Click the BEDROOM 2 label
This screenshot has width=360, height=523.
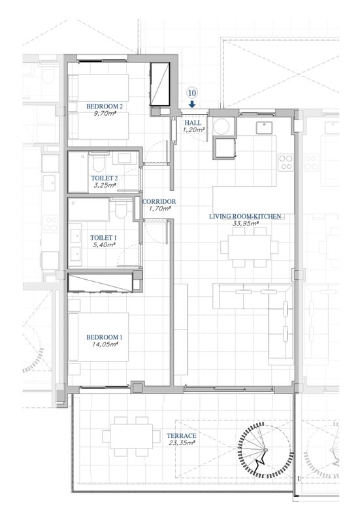pos(105,107)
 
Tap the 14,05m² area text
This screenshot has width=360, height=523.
pos(105,345)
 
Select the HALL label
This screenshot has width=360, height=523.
pos(193,123)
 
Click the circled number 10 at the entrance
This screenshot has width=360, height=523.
pos(192,93)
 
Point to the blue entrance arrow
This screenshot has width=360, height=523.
pos(192,105)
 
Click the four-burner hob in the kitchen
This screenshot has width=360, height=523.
pos(286,162)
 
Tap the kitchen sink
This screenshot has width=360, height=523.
pos(264,127)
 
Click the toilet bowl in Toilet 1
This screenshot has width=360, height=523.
pos(121,209)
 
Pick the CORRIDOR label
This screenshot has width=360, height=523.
pos(159,202)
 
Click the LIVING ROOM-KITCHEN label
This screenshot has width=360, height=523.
pos(245,216)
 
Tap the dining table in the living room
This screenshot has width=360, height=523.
pos(250,248)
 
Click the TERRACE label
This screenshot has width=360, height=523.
pos(182,436)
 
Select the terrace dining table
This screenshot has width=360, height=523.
pos(131,436)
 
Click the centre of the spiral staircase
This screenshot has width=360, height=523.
pos(266,450)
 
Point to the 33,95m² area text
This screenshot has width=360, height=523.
pos(246,224)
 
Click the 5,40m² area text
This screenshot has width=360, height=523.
pos(105,245)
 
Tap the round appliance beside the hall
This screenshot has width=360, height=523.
pos(221,127)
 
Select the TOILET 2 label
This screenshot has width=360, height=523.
pos(105,178)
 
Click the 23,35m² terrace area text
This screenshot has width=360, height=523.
pos(182,443)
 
